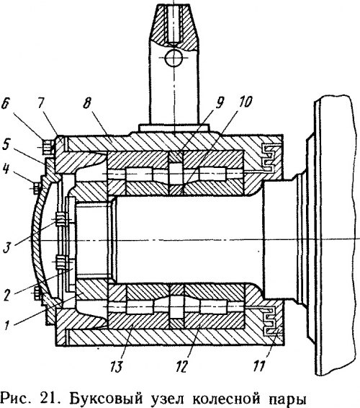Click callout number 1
tap(7, 326)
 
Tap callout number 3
tap(6, 247)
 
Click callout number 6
tap(6, 105)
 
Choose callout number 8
tap(87, 104)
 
